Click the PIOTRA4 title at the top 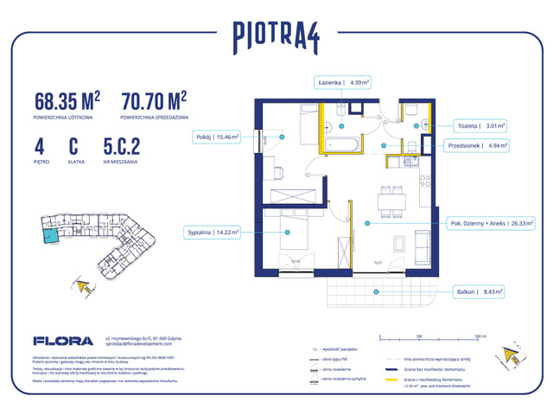point(276,35)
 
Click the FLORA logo point(57,341)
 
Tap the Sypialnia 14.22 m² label point(213,232)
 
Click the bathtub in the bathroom point(341,144)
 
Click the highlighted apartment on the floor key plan point(53,232)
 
